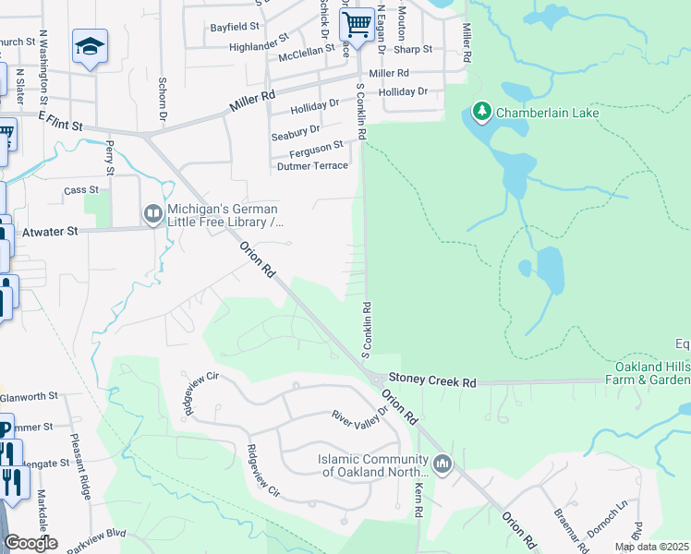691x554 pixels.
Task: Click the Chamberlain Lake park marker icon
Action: click(x=480, y=113)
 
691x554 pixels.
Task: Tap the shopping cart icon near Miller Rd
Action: click(x=357, y=23)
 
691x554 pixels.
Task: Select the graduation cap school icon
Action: click(x=90, y=46)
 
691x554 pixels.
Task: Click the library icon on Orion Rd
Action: click(x=152, y=214)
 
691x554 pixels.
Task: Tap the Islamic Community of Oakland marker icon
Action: click(x=442, y=464)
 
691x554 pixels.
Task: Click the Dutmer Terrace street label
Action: click(x=313, y=166)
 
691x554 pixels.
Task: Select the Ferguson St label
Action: click(x=316, y=145)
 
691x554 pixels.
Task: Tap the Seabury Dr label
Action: click(x=296, y=131)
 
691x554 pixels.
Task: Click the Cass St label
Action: click(x=75, y=190)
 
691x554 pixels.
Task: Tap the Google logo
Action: click(x=30, y=543)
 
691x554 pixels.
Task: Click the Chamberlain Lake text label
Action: click(x=547, y=114)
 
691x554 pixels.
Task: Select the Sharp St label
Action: click(x=417, y=49)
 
